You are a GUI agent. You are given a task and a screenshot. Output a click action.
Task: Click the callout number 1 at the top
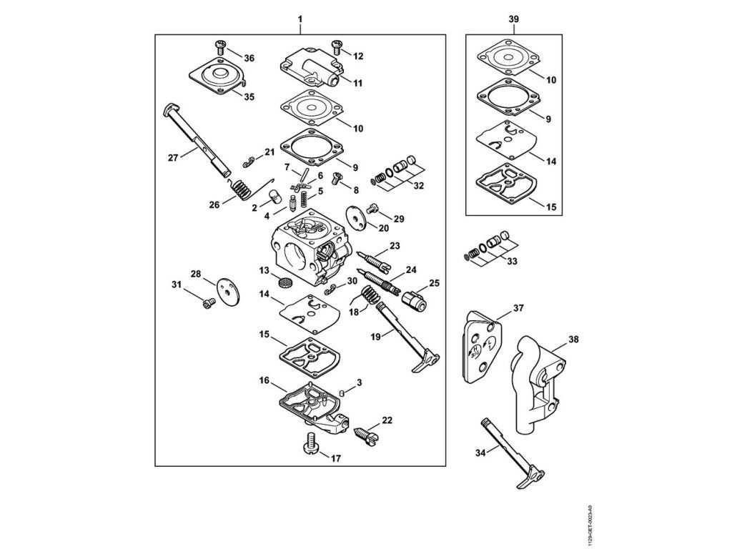coord(301,17)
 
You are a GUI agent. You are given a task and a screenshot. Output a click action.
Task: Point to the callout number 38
coord(573,340)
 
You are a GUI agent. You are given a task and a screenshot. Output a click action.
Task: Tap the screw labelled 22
coord(365,431)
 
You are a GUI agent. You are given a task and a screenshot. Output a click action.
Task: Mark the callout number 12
coord(358,55)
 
